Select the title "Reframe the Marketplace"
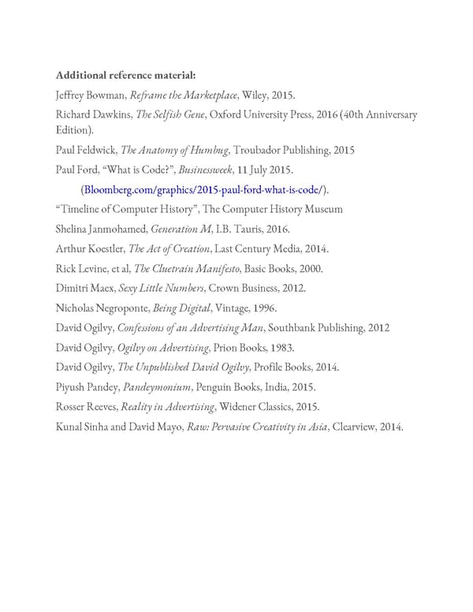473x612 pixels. pyautogui.click(x=184, y=95)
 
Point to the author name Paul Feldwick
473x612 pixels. pyautogui.click(x=85, y=150)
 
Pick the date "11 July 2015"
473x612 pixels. pyautogui.click(x=268, y=170)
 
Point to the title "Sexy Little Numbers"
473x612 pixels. pyautogui.click(x=166, y=288)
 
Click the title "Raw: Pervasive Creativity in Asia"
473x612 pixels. pyautogui.click(x=256, y=427)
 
